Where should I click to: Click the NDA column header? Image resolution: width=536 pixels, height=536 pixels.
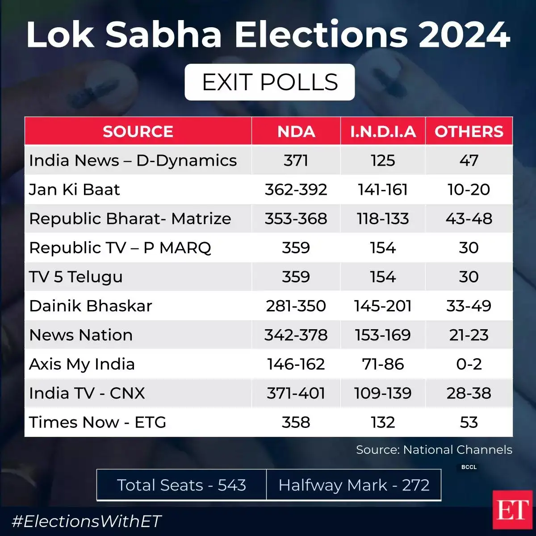[x=296, y=131]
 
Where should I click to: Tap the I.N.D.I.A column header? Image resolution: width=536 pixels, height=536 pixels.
[x=383, y=131]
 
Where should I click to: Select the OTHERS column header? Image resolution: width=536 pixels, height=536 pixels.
[x=469, y=131]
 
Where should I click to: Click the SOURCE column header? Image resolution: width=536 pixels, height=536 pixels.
[x=138, y=131]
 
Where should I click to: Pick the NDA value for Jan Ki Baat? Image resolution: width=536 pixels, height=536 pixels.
[x=296, y=189]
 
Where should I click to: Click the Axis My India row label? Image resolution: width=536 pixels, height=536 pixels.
[x=82, y=364]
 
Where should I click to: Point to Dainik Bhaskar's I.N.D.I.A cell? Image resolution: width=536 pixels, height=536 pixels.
[x=383, y=306]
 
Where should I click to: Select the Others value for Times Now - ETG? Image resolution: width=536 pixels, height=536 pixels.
[x=469, y=422]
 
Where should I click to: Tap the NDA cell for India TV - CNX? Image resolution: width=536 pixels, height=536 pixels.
[x=296, y=393]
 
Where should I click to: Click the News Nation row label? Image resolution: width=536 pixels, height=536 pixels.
[x=81, y=335]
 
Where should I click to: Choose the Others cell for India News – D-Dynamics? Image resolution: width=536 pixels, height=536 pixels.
[x=469, y=160]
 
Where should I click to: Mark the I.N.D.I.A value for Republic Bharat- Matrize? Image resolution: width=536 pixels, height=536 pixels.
[x=383, y=218]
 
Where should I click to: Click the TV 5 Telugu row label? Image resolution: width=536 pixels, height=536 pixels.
[x=76, y=277]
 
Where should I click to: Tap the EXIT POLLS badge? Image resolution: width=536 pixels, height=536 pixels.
[x=270, y=82]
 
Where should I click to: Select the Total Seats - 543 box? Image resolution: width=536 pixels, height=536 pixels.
[x=181, y=485]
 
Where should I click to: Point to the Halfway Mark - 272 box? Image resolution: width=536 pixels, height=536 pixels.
[x=354, y=485]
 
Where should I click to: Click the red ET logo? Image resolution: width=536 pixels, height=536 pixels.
[x=513, y=510]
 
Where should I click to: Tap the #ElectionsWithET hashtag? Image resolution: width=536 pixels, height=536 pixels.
[x=86, y=521]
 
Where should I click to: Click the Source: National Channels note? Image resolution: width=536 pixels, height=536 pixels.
[x=434, y=450]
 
